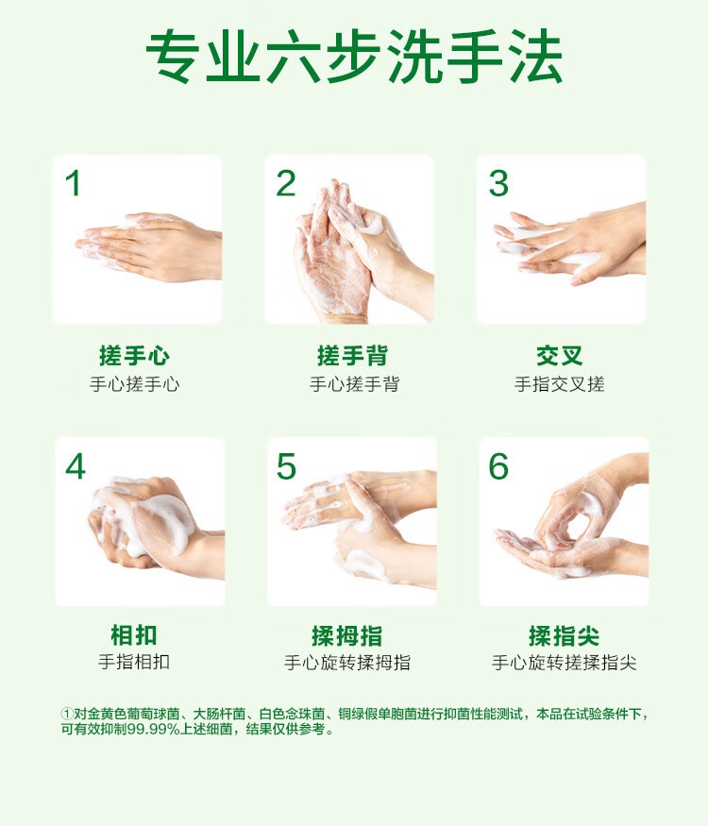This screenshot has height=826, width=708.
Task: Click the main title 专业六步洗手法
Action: (354, 57)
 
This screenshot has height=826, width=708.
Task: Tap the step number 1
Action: (74, 183)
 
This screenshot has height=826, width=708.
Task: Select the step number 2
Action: (286, 183)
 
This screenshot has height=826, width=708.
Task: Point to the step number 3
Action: (498, 183)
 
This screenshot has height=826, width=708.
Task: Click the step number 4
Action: (76, 466)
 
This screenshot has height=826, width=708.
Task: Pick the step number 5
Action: (287, 466)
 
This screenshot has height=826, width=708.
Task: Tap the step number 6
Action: (498, 466)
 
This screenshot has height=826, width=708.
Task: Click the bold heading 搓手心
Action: (134, 356)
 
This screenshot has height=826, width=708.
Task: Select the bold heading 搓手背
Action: (352, 356)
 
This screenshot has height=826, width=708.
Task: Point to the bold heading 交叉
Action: (560, 356)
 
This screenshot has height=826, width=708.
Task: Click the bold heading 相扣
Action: (134, 634)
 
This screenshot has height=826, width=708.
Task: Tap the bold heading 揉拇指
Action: (347, 636)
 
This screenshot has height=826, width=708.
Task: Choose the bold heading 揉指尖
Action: (565, 636)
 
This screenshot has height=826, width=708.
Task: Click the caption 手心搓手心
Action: (135, 384)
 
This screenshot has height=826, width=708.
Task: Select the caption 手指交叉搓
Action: (560, 384)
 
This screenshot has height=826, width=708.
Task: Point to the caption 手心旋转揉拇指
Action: (347, 662)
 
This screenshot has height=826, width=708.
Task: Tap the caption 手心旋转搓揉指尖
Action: (565, 662)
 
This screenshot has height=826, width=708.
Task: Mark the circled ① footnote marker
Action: (67, 715)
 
